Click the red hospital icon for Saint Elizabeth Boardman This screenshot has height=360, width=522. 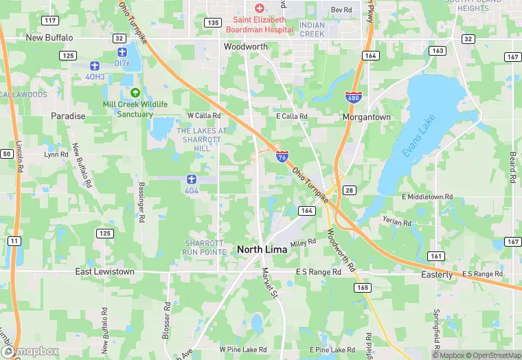tap(259, 8)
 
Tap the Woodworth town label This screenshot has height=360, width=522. tap(245, 47)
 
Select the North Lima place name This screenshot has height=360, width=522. tap(262, 249)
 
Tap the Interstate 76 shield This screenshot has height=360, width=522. tap(282, 156)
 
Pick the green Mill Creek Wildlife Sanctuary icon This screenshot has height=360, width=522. tap(135, 93)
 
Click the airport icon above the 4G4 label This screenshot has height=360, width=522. tap(192, 179)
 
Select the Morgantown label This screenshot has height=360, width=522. tap(367, 117)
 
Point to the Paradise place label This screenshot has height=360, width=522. tap(68, 116)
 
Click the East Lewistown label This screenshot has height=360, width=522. tap(105, 272)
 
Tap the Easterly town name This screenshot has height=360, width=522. tap(437, 275)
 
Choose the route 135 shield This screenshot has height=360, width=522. tap(212, 23)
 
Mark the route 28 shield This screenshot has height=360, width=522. tap(350, 189)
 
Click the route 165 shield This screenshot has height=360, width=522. tap(362, 286)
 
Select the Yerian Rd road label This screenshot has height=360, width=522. tap(396, 222)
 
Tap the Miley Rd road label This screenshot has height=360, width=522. tap(303, 243)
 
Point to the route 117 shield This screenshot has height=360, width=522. tap(49, 20)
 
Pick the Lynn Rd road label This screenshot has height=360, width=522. tap(56, 155)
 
